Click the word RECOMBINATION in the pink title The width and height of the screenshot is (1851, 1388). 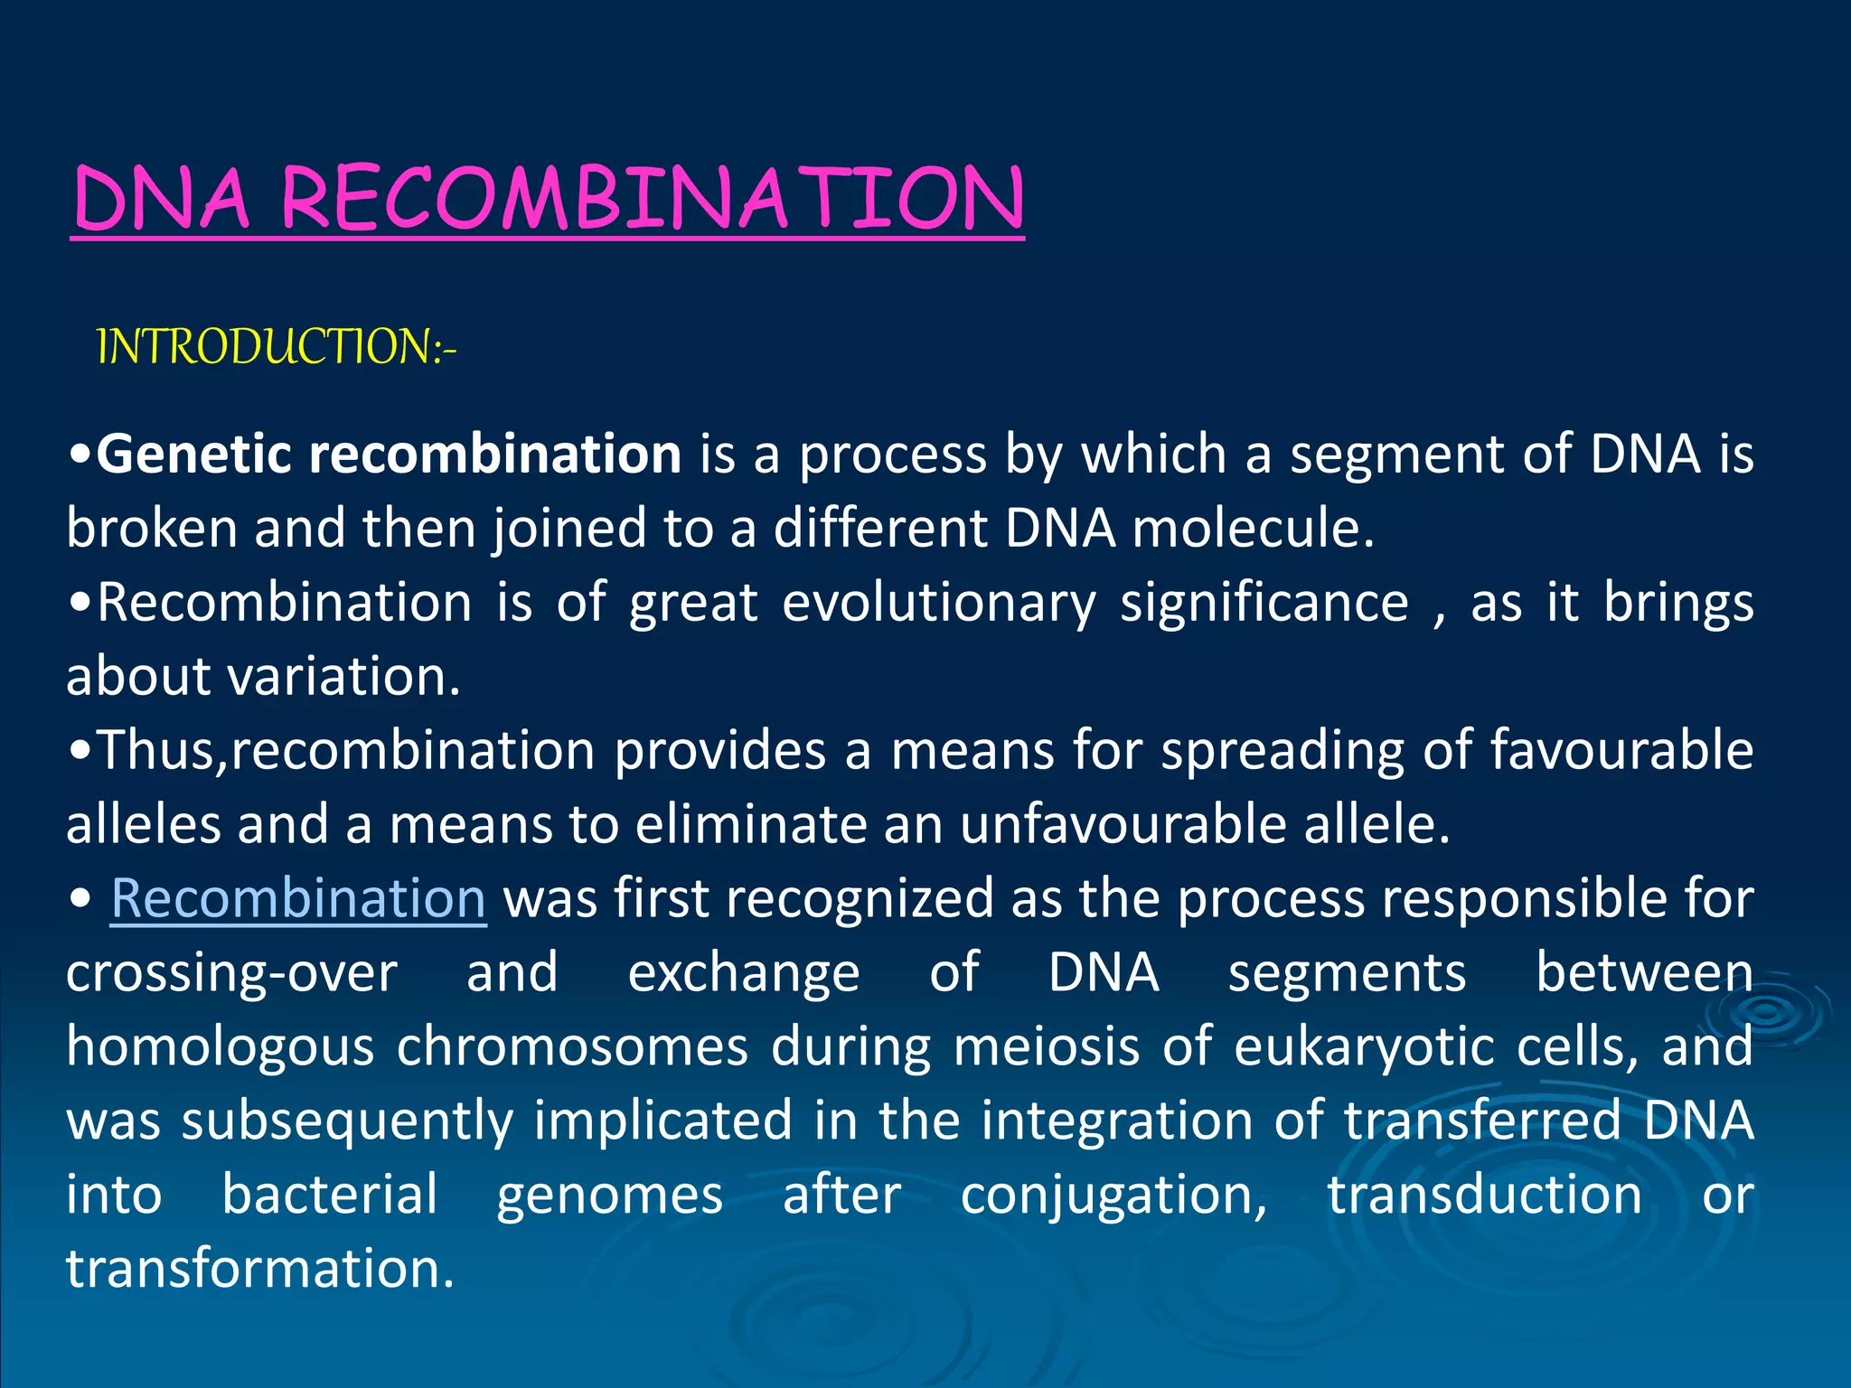[653, 199]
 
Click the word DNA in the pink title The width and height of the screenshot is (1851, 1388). [161, 199]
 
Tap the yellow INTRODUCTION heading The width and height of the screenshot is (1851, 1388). [276, 347]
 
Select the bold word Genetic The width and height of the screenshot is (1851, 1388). [193, 454]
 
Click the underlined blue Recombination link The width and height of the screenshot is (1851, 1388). [298, 898]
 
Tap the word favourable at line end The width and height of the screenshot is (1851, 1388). [1621, 750]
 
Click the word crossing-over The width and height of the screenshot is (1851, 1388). [231, 972]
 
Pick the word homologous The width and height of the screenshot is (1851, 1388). [220, 1046]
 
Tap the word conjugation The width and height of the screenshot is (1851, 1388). [1113, 1195]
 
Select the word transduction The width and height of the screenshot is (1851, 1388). [1484, 1195]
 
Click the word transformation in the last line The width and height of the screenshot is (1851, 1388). [259, 1269]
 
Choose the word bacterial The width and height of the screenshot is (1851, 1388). [330, 1195]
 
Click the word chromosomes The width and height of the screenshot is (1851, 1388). [571, 1046]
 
